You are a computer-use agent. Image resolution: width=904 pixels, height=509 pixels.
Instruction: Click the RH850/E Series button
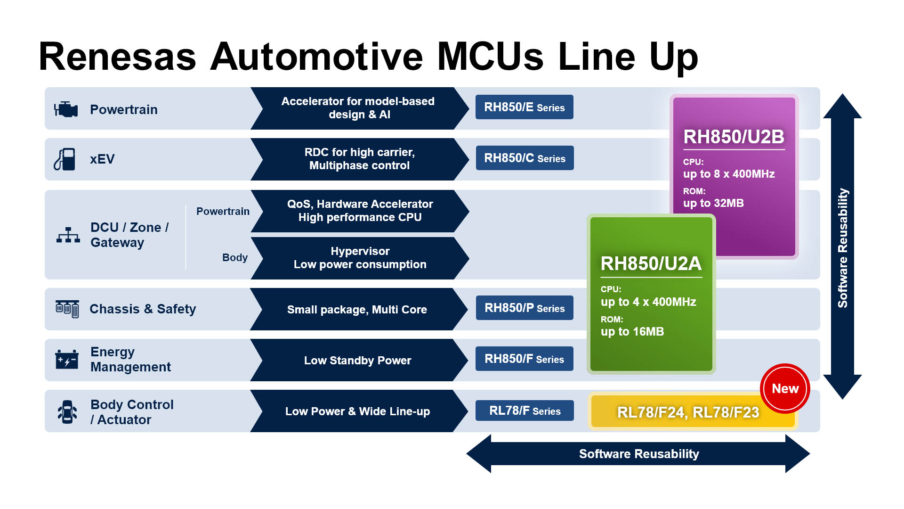click(524, 107)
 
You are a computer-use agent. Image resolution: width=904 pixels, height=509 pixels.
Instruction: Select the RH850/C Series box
click(525, 158)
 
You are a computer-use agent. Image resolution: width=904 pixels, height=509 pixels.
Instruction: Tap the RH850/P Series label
click(525, 308)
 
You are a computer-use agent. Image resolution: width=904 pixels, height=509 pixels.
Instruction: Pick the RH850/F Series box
click(524, 359)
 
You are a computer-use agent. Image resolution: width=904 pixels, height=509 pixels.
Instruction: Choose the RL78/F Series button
click(525, 411)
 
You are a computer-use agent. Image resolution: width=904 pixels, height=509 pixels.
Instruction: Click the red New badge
click(785, 389)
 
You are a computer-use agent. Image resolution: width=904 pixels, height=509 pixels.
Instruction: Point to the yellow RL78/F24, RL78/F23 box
click(687, 412)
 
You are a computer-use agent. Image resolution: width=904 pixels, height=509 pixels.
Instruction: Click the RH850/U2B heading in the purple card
click(734, 137)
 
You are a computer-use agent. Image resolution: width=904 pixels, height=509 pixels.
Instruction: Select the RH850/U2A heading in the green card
click(651, 264)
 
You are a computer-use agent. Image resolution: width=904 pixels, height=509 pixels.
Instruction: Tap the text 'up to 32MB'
click(713, 204)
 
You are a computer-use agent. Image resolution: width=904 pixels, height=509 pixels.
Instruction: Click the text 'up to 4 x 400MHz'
click(648, 302)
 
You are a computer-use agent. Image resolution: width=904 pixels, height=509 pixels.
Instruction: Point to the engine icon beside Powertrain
click(66, 109)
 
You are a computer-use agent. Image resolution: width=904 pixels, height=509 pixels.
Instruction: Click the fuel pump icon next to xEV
click(65, 159)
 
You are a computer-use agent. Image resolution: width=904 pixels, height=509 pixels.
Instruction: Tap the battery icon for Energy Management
click(67, 360)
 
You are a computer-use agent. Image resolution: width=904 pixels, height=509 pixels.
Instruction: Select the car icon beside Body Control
click(67, 412)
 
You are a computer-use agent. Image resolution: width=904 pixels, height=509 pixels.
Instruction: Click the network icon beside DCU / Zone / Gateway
click(68, 235)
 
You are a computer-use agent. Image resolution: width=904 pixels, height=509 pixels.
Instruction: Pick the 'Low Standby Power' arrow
click(357, 361)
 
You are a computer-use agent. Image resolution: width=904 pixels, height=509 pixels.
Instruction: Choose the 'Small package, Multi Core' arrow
click(357, 310)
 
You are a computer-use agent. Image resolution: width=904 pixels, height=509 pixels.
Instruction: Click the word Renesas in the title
click(117, 57)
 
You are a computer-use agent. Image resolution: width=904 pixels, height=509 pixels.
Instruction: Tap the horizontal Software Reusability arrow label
click(638, 454)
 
